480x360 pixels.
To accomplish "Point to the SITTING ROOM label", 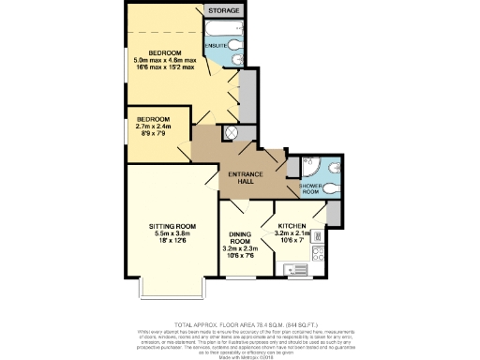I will click(x=172, y=226).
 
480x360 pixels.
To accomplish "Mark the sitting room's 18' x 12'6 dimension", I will click(x=172, y=242).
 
